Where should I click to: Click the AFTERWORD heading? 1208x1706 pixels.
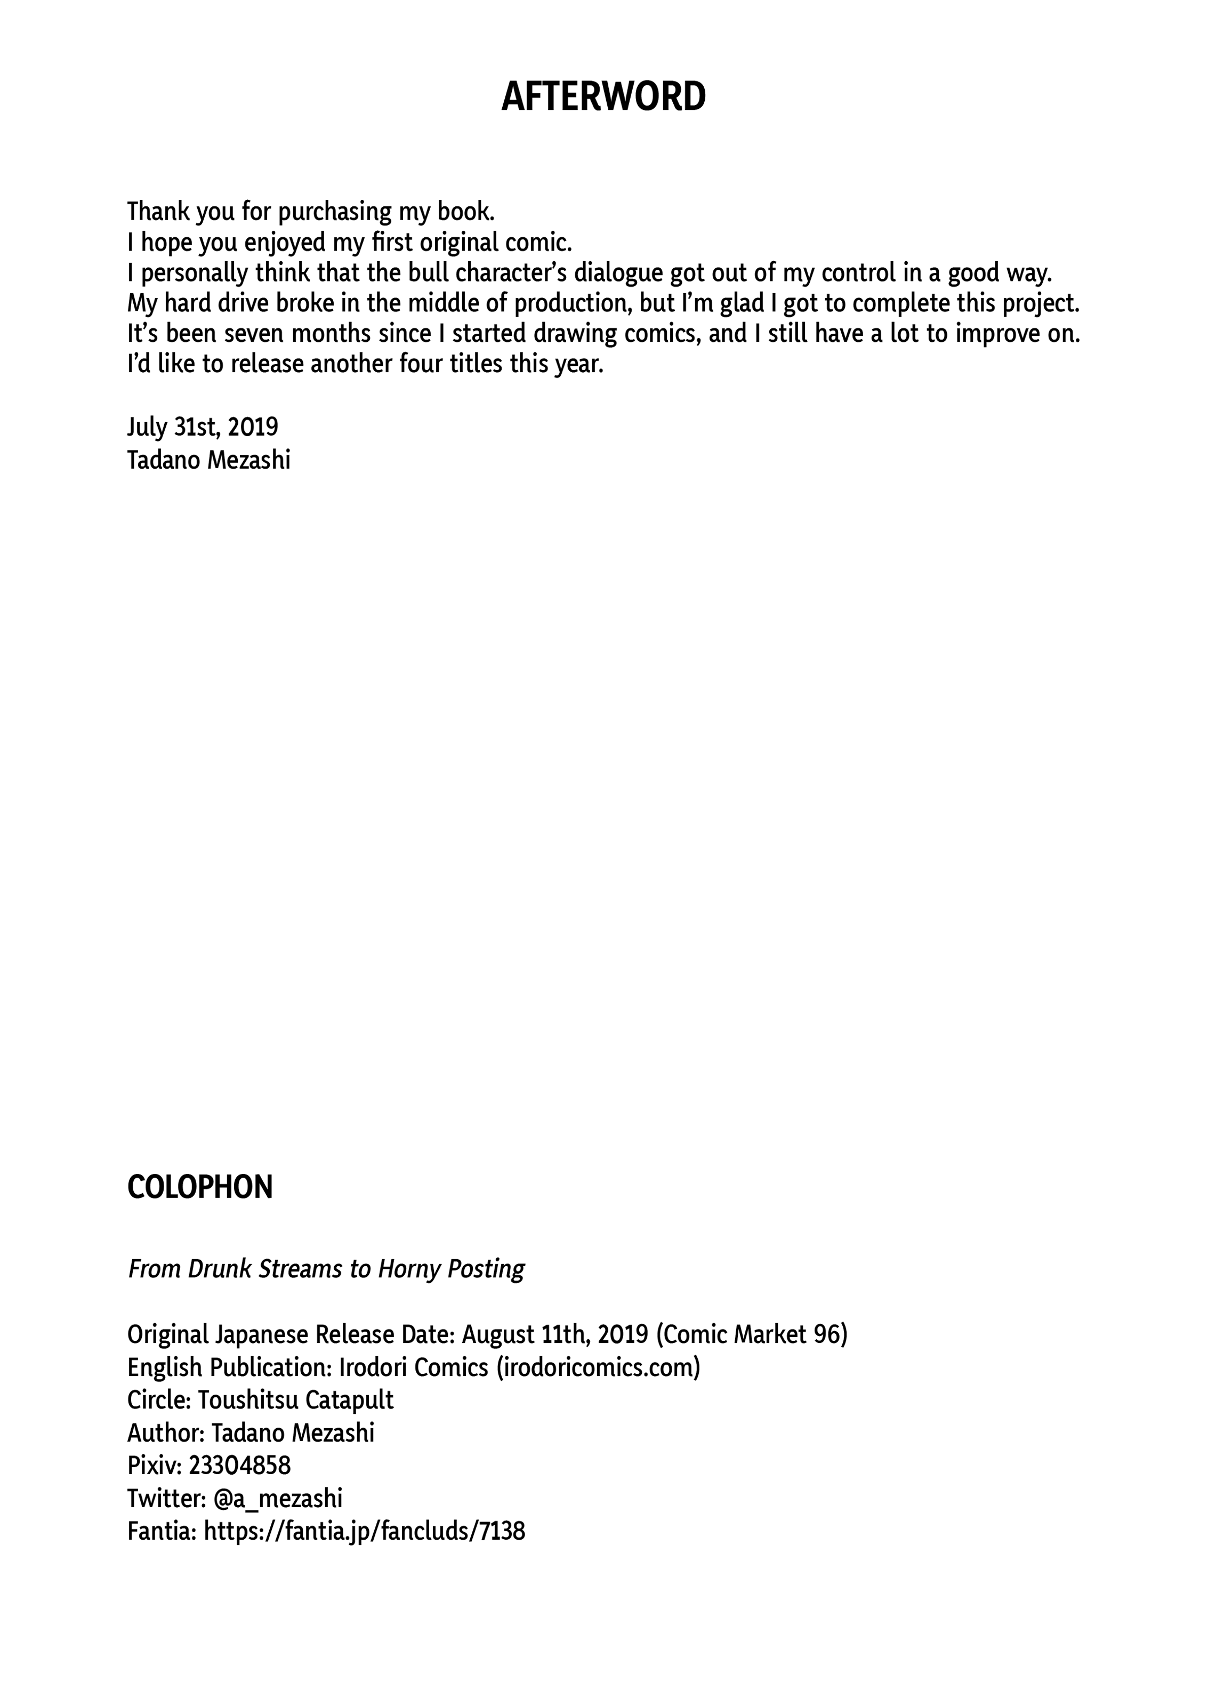(603, 98)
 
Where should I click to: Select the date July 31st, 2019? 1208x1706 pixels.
(203, 427)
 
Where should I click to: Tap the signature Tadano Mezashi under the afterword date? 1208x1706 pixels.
(208, 460)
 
